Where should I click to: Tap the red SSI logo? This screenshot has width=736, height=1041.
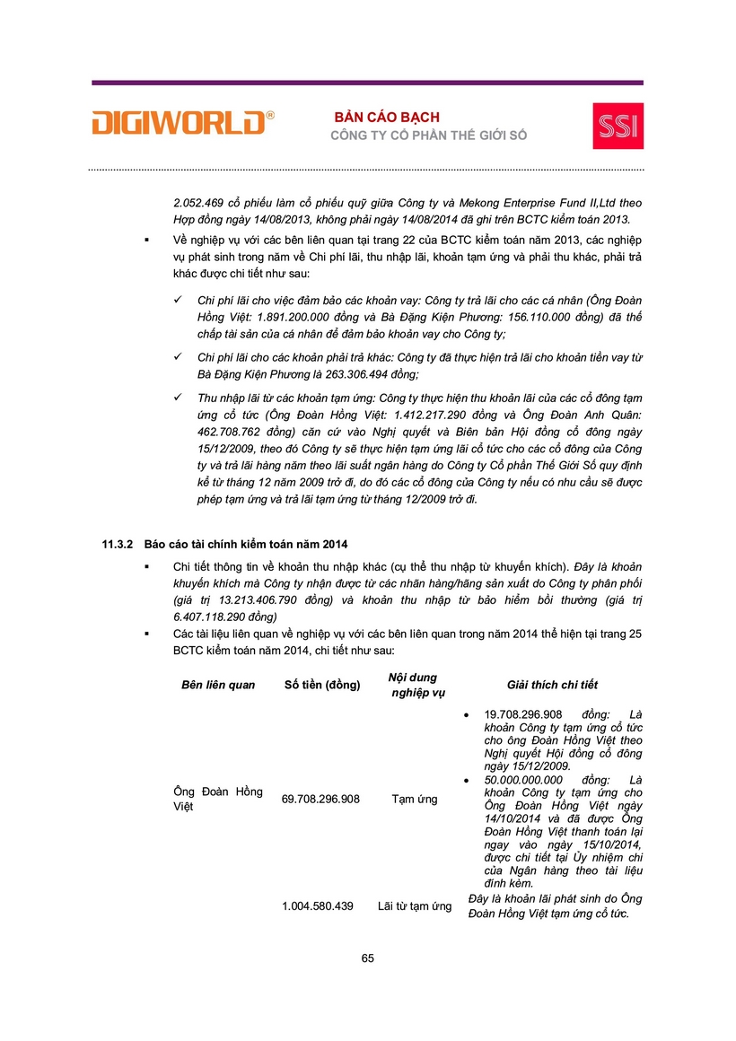[x=618, y=126]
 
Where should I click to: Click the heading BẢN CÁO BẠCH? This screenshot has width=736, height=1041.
[x=388, y=118]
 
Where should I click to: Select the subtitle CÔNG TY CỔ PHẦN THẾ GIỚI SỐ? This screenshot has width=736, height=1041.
[x=429, y=136]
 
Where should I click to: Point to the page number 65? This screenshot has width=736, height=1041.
[x=368, y=958]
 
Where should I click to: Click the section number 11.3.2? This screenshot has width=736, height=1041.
[x=117, y=545]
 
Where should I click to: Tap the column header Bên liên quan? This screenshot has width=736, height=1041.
[x=218, y=685]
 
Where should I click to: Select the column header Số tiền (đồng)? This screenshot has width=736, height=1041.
[x=322, y=685]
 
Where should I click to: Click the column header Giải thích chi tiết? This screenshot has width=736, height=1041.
[x=552, y=685]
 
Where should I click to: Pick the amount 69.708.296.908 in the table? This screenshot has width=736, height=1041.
[x=320, y=799]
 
